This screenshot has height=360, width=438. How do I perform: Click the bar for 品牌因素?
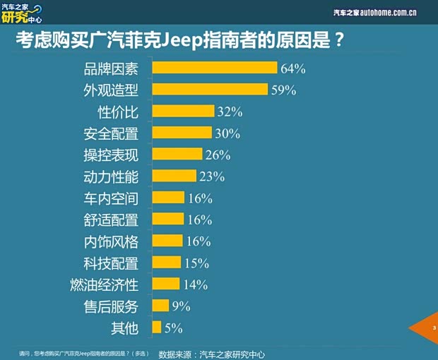(x=214, y=68)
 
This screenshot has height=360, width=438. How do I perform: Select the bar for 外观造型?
(x=210, y=90)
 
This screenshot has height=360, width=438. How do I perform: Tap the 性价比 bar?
(x=183, y=112)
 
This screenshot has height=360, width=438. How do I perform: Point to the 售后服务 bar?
(x=160, y=306)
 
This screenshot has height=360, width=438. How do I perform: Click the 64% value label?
(x=292, y=68)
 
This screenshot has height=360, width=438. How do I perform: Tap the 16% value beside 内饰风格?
(x=199, y=241)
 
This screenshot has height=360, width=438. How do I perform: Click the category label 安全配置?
(x=110, y=133)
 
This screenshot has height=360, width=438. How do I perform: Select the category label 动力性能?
(x=110, y=176)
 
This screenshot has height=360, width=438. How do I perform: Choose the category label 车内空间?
(x=110, y=198)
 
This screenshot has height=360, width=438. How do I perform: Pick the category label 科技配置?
(x=110, y=263)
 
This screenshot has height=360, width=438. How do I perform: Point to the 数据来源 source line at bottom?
(x=211, y=353)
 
